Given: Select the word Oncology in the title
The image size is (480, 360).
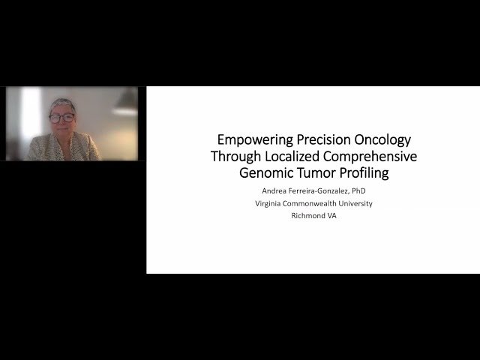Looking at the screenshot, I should pos(383,139).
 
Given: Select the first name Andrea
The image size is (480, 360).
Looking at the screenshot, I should pos(268,191).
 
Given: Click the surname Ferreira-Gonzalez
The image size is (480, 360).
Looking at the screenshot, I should pos(320,191).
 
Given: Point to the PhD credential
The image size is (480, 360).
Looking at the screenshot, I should pos(367,191).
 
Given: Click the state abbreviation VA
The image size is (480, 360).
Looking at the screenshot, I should pos(332,216).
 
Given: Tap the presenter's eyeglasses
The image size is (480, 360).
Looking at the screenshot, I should pos(61,118).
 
